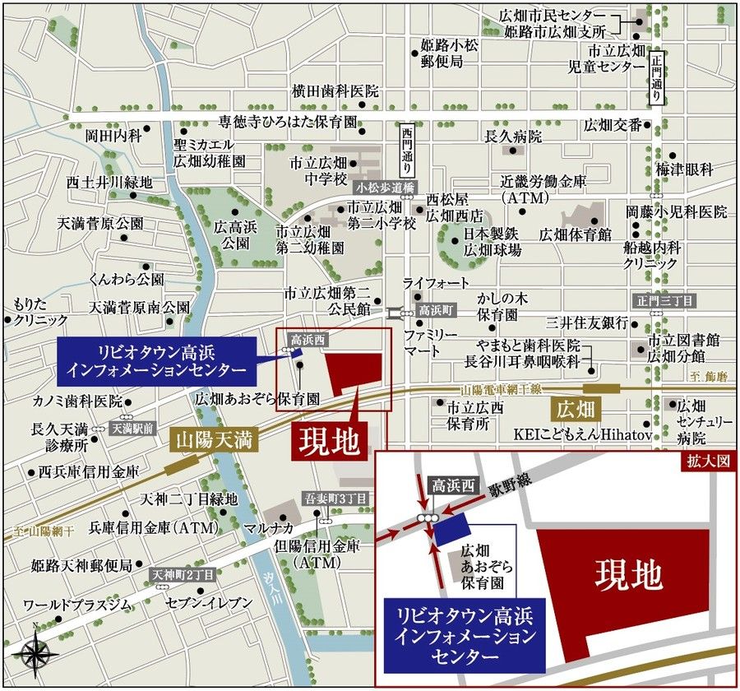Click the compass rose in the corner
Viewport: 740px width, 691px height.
coord(35,654)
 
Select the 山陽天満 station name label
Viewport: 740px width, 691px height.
coord(215,440)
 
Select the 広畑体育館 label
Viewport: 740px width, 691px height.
coord(576,234)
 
